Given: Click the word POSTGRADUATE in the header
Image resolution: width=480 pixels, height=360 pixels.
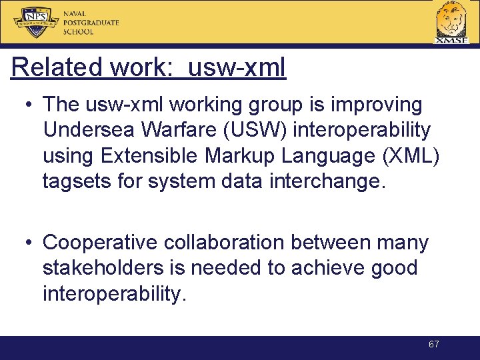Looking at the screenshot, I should [91, 23].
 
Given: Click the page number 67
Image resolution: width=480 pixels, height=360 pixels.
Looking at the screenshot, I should [434, 345].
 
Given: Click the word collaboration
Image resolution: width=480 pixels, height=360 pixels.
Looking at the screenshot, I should [225, 243].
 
